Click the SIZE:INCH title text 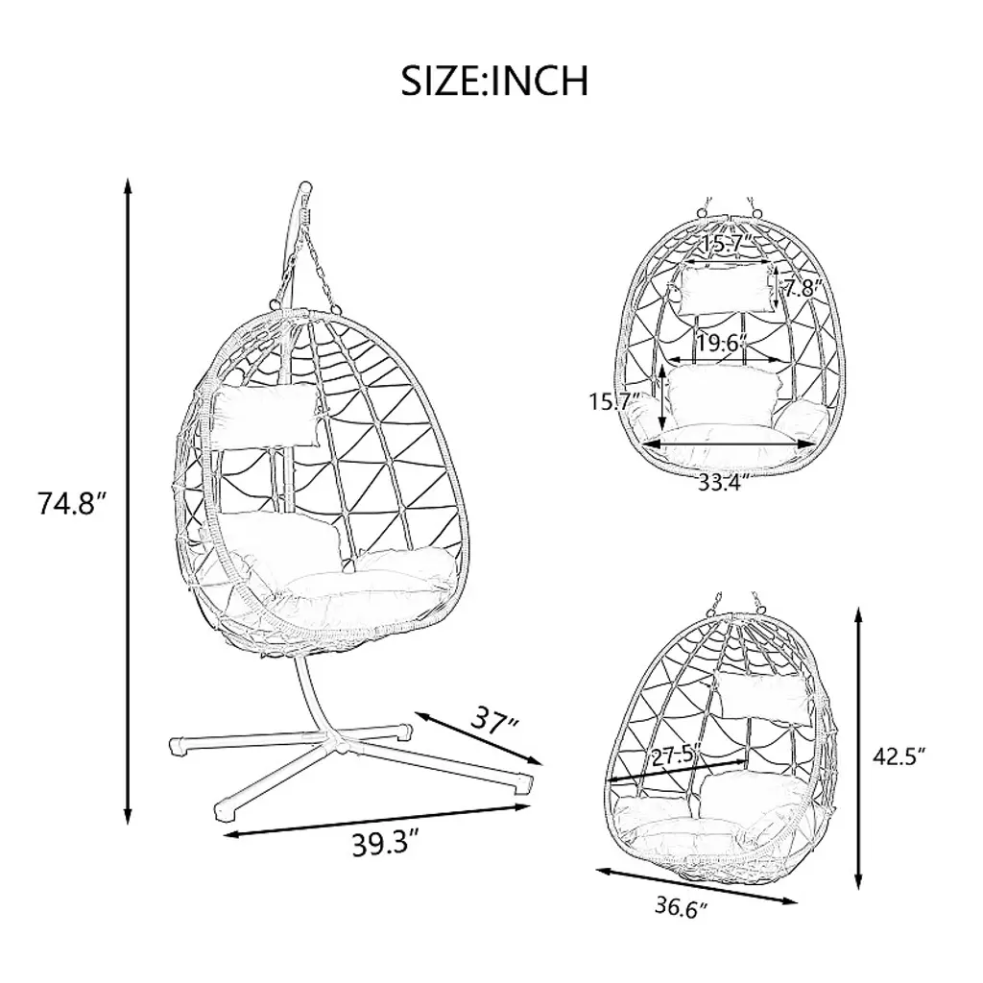[494, 80]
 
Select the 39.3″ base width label [384, 844]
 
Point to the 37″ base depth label [494, 721]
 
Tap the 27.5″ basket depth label [676, 756]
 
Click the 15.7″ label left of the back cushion [613, 400]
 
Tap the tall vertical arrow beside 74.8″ [128, 501]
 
